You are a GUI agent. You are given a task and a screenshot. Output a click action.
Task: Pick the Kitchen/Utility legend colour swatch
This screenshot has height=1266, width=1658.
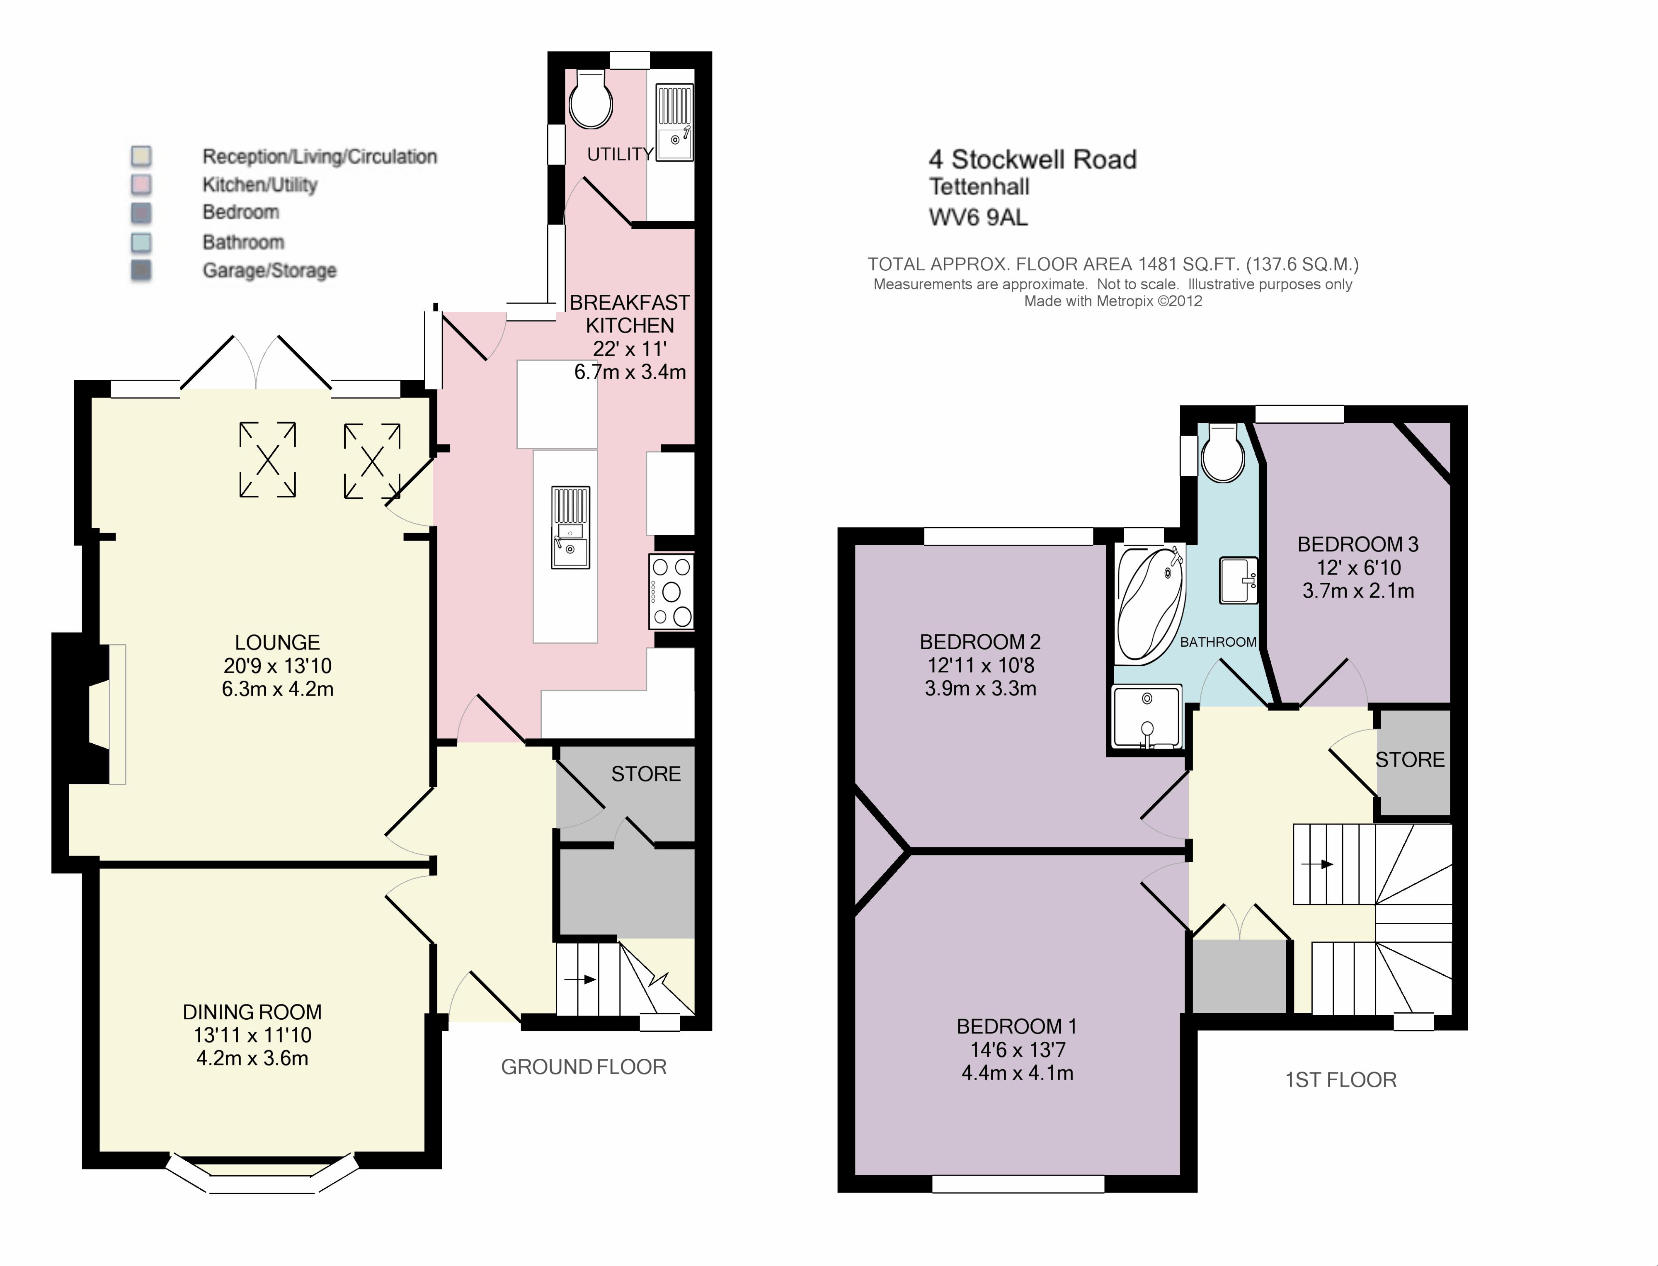coord(141,184)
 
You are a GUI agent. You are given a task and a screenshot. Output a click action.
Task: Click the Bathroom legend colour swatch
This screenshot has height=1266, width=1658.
coord(141,243)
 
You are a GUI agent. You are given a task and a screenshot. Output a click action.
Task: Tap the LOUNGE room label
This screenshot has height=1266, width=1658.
coord(277,643)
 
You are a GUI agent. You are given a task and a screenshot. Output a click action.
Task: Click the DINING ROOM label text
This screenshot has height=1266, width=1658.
coord(252,1012)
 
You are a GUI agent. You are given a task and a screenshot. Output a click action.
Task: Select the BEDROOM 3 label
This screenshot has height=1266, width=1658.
coord(1358,544)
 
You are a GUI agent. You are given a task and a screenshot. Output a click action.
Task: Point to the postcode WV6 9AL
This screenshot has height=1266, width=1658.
coord(978,217)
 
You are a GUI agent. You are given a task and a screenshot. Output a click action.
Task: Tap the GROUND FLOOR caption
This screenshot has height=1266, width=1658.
coord(584,1067)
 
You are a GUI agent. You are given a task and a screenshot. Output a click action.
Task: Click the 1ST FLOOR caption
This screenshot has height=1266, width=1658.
coord(1341,1080)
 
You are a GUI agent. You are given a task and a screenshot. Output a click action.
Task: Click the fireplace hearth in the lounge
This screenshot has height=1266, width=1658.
coord(118,714)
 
